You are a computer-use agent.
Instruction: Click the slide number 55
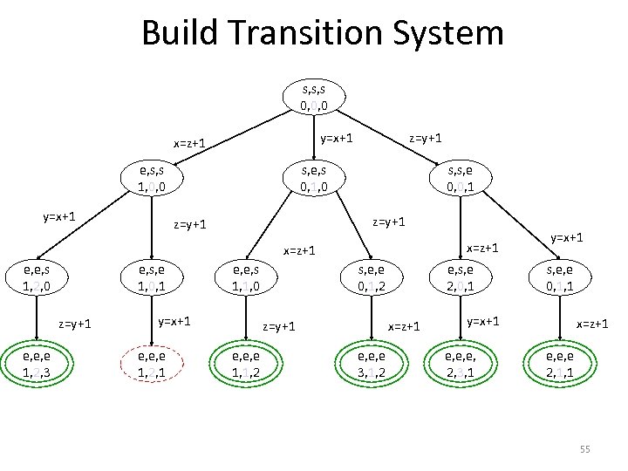pos(584,448)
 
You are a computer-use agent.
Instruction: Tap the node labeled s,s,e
pos(464,179)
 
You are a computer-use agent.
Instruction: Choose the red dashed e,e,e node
pos(153,364)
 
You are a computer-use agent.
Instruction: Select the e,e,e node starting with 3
pos(365,365)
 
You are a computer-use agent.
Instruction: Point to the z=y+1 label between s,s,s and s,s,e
pos(427,137)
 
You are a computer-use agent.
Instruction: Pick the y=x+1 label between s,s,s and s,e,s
pos(336,137)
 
